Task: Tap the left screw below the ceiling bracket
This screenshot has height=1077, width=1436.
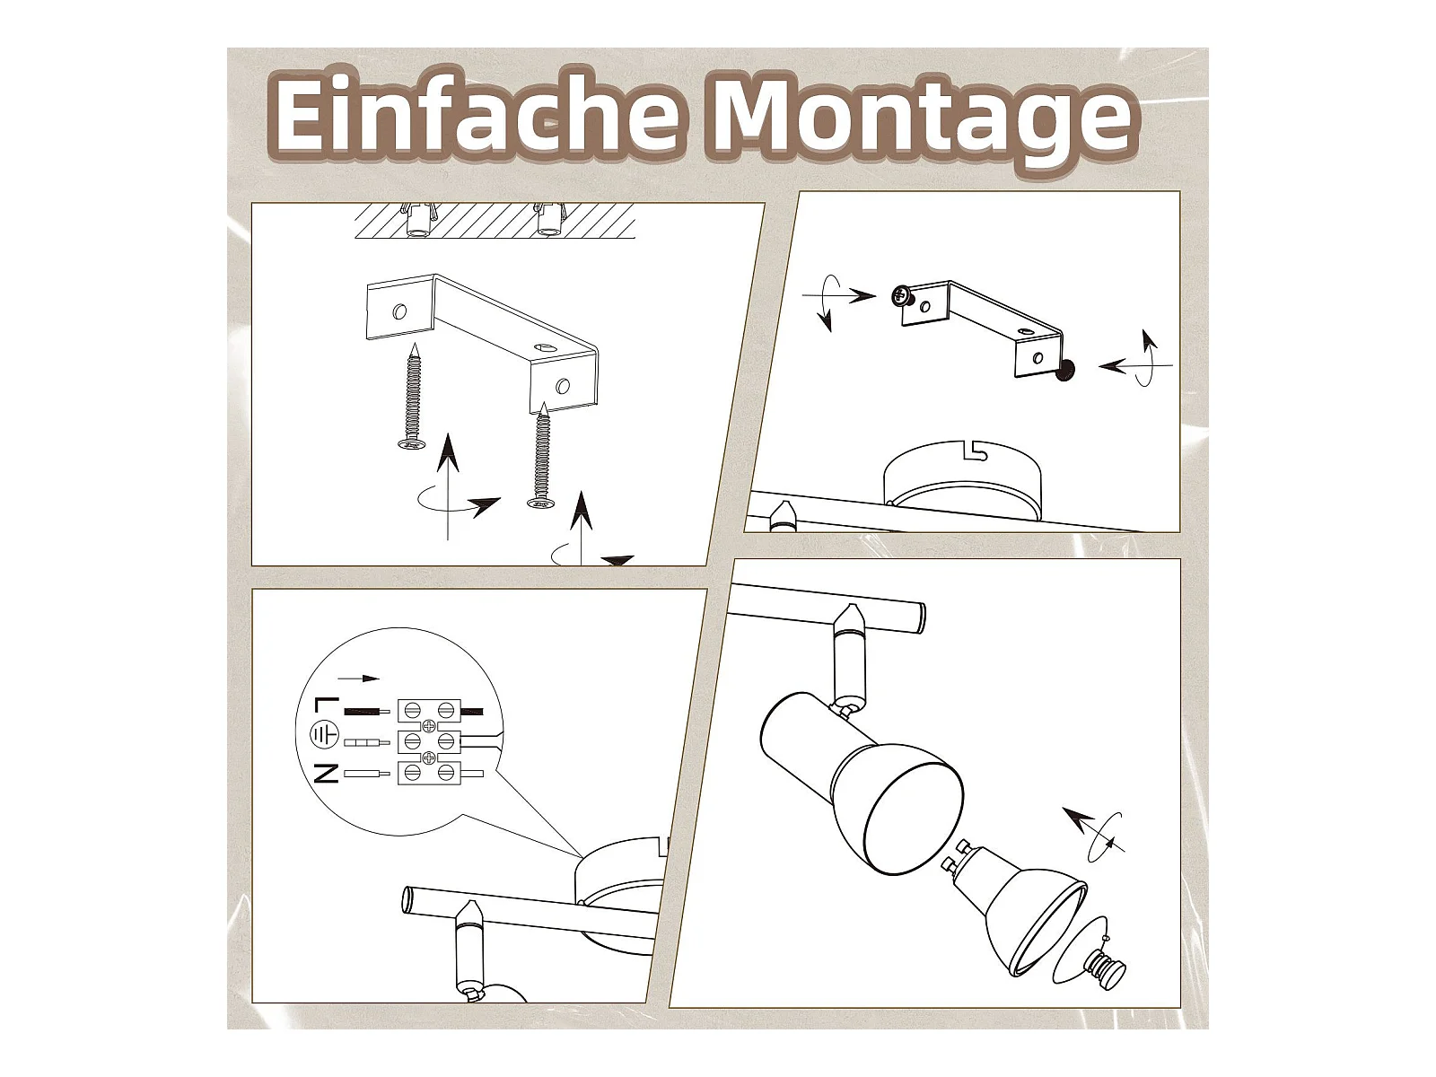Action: [412, 397]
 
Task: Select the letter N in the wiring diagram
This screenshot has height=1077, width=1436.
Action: [326, 774]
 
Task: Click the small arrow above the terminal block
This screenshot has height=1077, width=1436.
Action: [358, 679]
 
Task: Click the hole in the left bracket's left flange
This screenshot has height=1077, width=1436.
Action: [399, 311]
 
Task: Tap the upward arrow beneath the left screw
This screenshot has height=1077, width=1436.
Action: [448, 486]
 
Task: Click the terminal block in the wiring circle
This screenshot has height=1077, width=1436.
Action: [429, 741]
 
